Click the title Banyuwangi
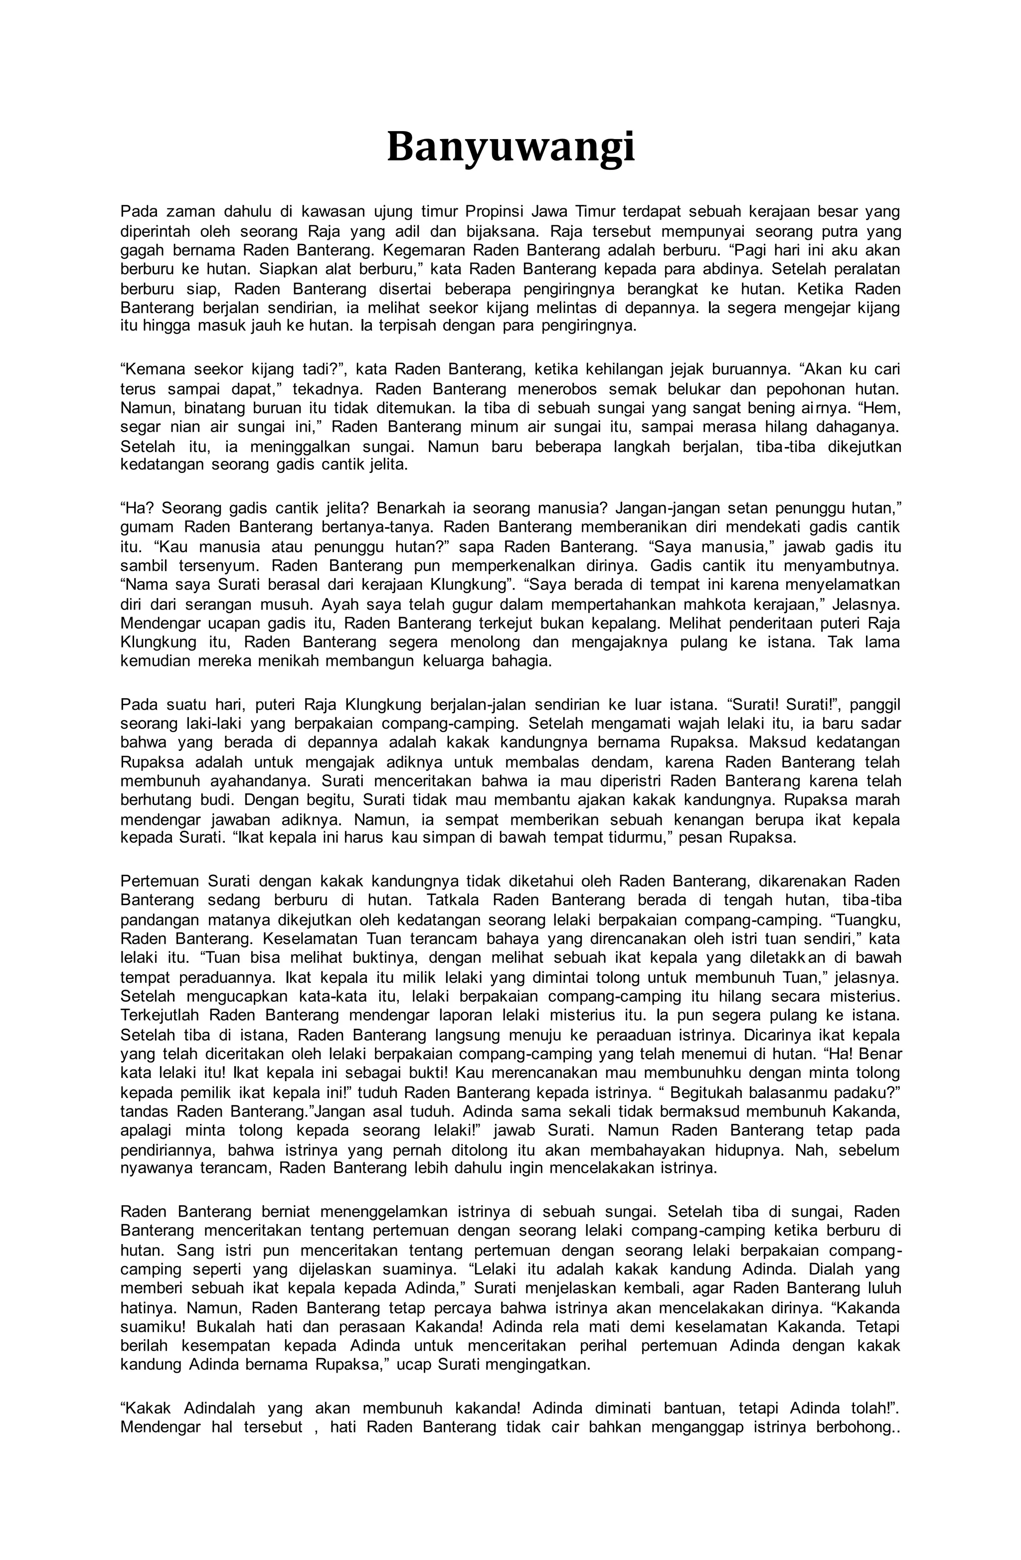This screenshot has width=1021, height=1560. (x=510, y=148)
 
